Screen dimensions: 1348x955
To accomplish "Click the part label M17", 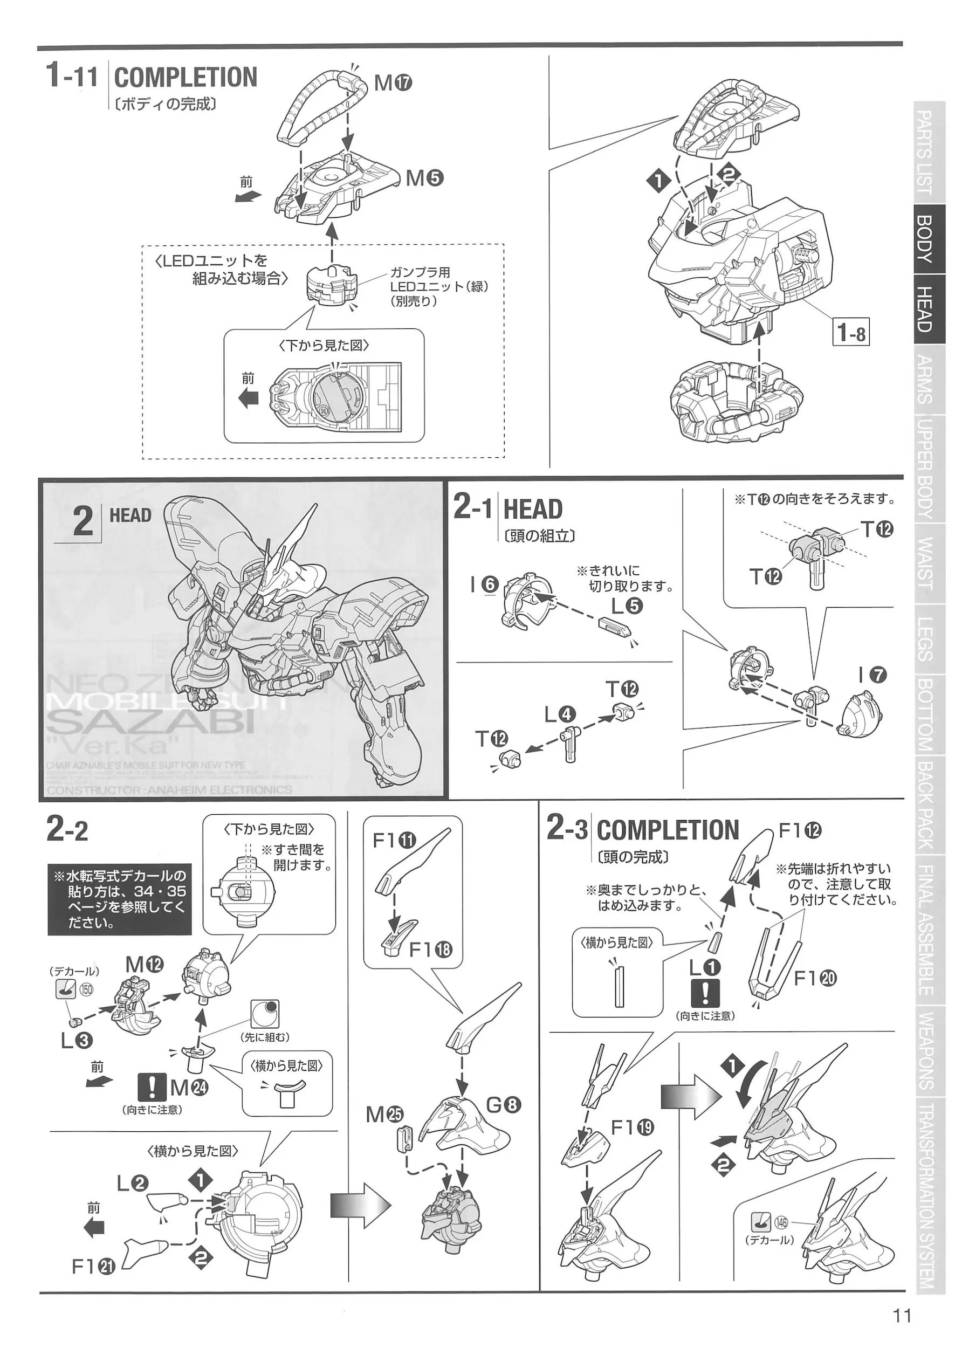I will [x=393, y=84].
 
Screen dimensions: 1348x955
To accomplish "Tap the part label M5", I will [x=424, y=177].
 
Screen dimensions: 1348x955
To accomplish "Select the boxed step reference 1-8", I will [x=850, y=333].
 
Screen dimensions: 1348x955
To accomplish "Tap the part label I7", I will [x=871, y=675].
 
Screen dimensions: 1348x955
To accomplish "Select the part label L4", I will [x=560, y=714].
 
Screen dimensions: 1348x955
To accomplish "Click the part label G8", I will [x=504, y=1105].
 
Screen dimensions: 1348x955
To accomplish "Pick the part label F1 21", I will [x=93, y=1267].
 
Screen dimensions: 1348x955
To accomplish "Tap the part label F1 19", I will [x=632, y=1127].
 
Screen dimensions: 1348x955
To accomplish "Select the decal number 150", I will [x=86, y=989].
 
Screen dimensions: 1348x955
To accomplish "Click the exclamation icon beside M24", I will [x=151, y=1087].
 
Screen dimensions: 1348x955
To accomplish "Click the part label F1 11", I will [x=394, y=840].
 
